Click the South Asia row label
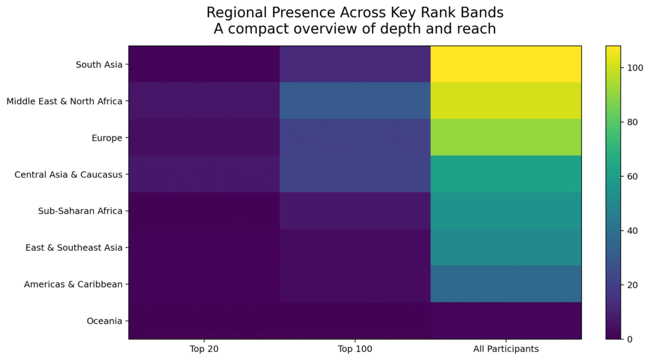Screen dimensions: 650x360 (99, 65)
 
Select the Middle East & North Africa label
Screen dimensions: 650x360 (64, 101)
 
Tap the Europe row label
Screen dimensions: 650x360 (107, 138)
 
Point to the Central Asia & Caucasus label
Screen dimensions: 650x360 (69, 175)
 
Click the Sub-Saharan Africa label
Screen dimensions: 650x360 (81, 211)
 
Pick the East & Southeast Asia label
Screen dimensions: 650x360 (74, 248)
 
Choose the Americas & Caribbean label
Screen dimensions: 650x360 (73, 284)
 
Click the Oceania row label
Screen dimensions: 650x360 (105, 321)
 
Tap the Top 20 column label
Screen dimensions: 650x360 (204, 349)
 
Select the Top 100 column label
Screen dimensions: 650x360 (355, 349)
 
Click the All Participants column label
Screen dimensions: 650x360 (506, 349)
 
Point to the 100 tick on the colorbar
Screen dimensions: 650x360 (635, 68)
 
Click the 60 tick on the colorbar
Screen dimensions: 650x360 (632, 177)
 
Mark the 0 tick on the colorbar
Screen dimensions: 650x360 (630, 339)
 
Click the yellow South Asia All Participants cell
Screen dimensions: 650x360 (506, 64)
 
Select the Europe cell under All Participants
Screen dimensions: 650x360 (506, 137)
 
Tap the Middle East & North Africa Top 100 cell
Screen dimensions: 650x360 (355, 101)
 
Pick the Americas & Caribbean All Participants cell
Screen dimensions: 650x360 (506, 284)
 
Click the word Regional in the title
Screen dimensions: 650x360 (237, 13)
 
